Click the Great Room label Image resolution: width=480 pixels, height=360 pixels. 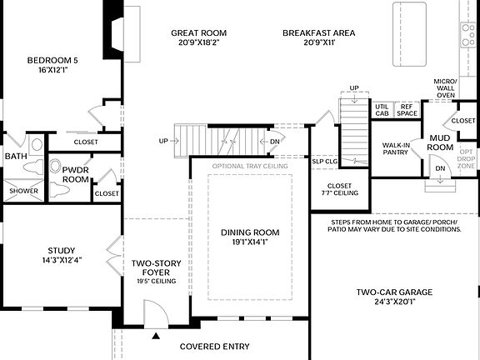(x=198, y=33)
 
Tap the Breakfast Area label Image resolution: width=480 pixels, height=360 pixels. (x=318, y=33)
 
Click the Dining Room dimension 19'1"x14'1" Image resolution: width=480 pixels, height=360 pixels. (x=250, y=243)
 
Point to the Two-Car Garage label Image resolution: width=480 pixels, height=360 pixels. (x=394, y=292)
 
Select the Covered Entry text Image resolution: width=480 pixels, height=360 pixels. (x=220, y=345)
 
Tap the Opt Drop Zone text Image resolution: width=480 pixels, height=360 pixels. (x=467, y=159)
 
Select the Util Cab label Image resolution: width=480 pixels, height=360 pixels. (x=382, y=108)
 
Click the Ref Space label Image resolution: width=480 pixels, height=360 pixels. (x=407, y=108)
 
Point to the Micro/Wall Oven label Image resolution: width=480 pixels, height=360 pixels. (x=445, y=87)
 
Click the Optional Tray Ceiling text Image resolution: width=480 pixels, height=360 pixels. (x=250, y=165)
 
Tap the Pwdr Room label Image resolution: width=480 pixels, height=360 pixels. (x=75, y=173)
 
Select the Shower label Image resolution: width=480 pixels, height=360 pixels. (x=23, y=191)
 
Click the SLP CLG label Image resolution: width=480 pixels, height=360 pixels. (x=324, y=161)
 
